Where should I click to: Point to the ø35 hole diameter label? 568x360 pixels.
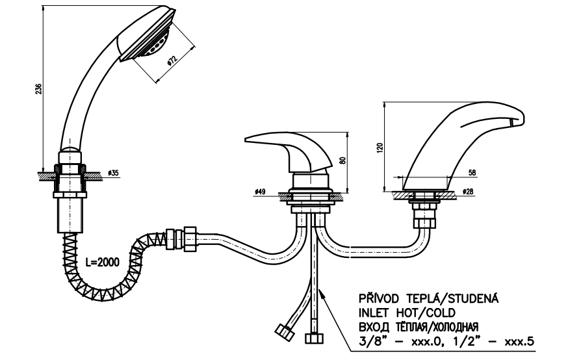coord(114,174)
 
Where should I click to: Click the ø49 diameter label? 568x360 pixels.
coord(260,192)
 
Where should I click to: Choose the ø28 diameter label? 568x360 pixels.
coord(468,192)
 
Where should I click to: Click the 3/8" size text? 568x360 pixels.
coord(370,341)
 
